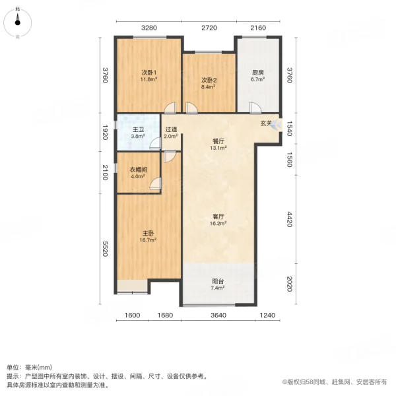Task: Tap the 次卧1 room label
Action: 147,72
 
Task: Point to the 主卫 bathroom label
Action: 139,130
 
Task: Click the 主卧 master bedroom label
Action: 148,234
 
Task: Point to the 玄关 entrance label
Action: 266,122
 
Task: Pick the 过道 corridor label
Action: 171,130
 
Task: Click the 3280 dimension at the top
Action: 149,28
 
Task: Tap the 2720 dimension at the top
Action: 209,28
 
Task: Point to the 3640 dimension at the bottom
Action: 218,315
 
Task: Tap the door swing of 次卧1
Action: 171,108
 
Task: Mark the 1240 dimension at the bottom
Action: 266,315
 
